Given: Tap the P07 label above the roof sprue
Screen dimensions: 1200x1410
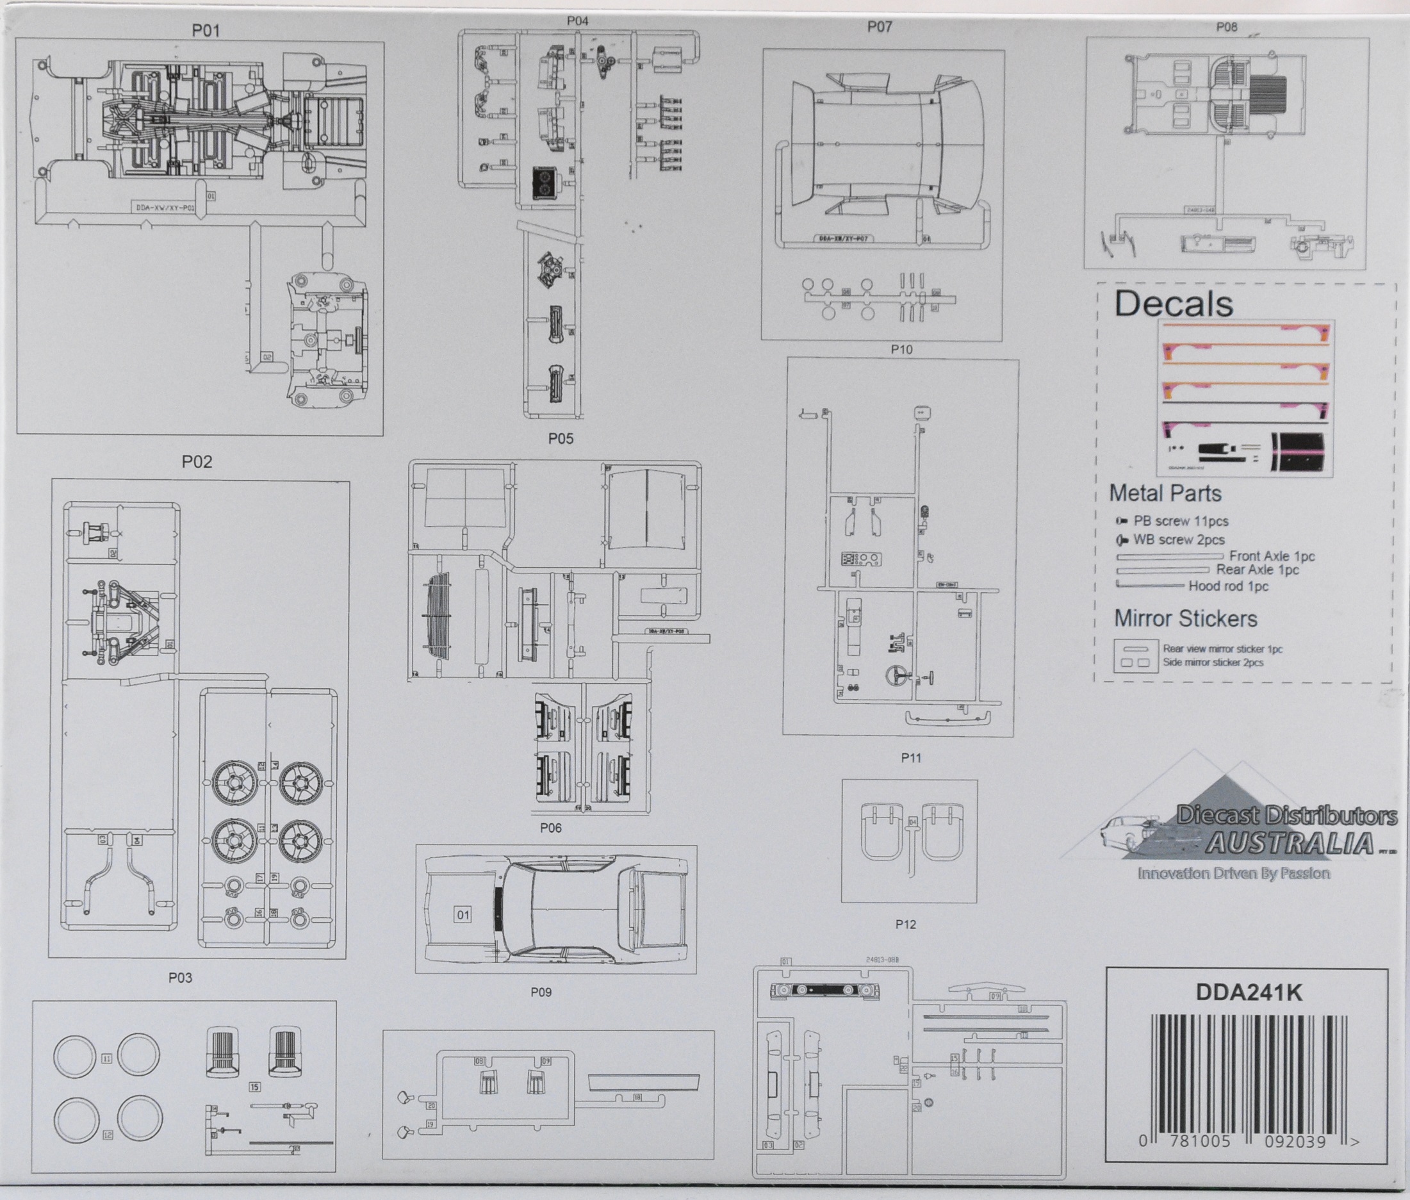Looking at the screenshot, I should click(x=880, y=27).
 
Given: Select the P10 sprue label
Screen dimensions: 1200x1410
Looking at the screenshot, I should click(x=901, y=349).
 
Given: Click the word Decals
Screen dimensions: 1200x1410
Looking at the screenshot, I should click(x=1174, y=304).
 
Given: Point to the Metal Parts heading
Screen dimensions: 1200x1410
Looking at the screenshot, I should click(x=1165, y=493).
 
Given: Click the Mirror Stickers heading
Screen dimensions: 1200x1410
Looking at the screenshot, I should click(x=1186, y=618).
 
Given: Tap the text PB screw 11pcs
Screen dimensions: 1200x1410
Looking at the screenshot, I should click(x=1181, y=521).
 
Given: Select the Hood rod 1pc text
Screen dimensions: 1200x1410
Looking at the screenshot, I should click(x=1229, y=586).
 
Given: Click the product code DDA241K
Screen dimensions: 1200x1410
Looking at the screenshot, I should click(x=1249, y=992).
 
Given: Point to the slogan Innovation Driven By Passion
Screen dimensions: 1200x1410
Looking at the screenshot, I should click(x=1234, y=873).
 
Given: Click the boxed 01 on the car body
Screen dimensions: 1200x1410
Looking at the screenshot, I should click(x=463, y=914).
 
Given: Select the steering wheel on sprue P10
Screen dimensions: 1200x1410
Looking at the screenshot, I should click(x=899, y=675).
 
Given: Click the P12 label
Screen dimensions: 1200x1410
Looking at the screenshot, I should click(x=905, y=925).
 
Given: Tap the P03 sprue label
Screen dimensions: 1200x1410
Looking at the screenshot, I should click(x=180, y=978).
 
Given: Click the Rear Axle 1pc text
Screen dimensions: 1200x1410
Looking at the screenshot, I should click(x=1258, y=570).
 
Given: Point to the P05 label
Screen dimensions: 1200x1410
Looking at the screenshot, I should click(x=561, y=439).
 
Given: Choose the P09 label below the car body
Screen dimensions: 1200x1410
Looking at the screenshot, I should click(x=541, y=992).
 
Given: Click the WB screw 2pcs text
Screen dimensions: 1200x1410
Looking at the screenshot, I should click(x=1179, y=539).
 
